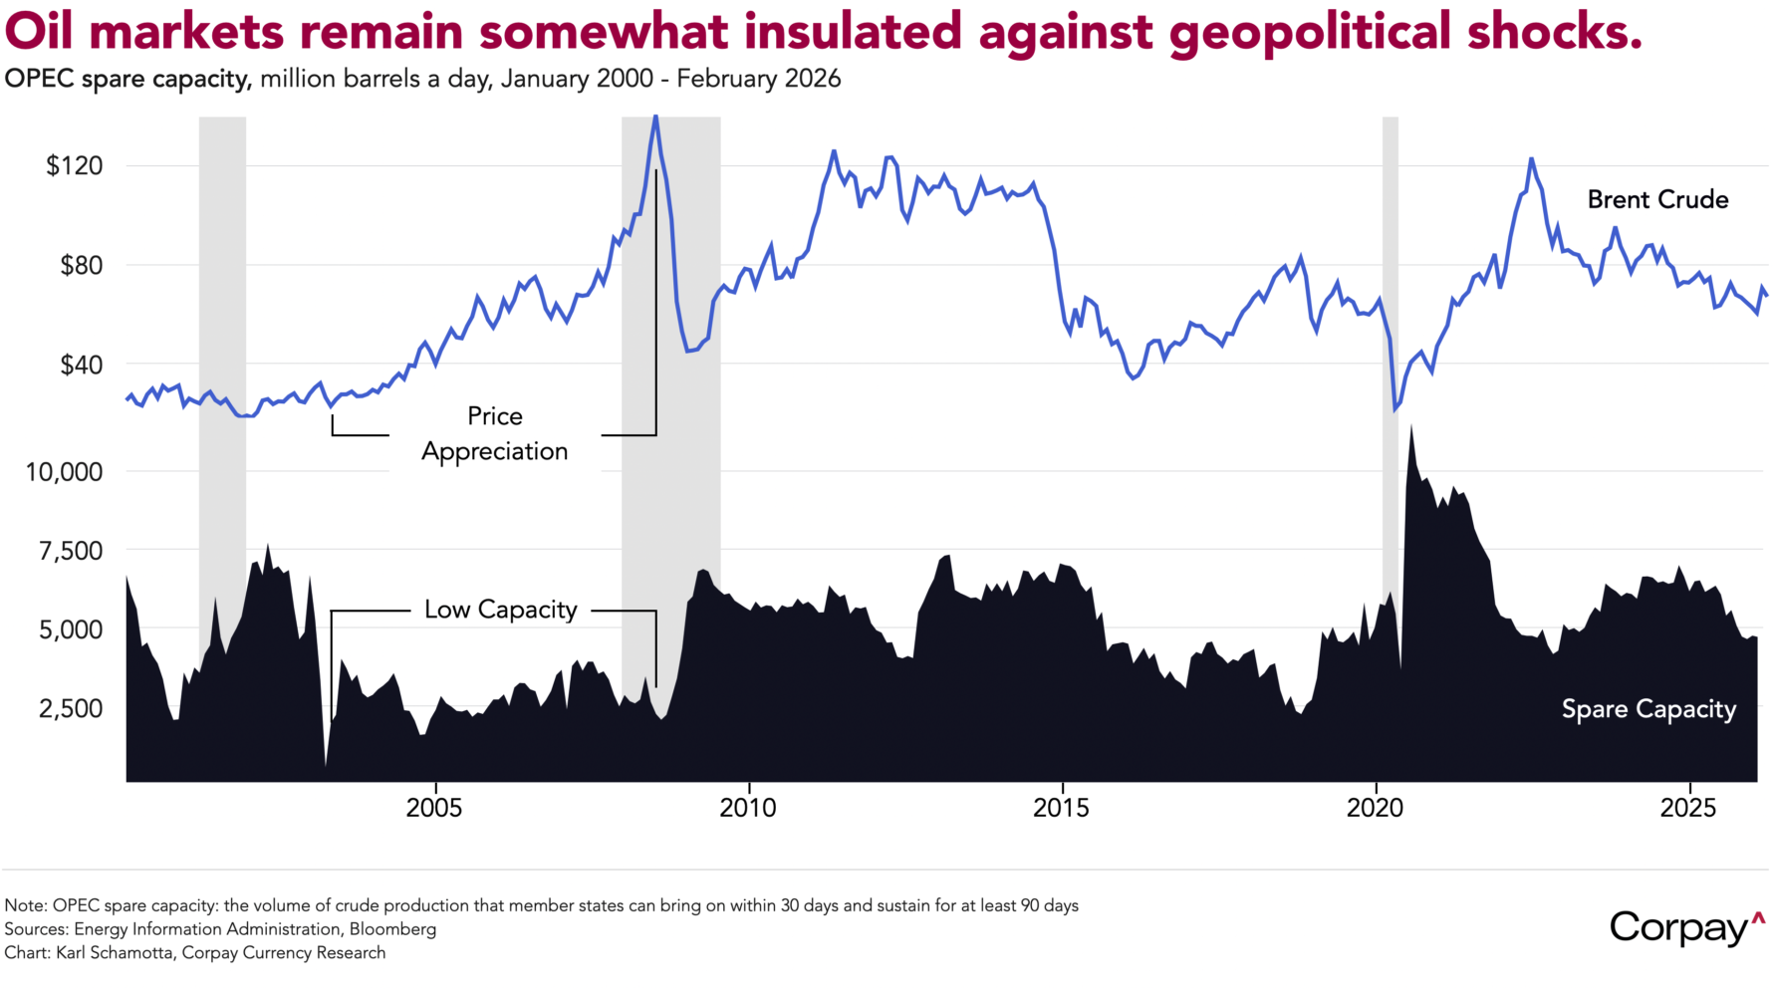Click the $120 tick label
75,165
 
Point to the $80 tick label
81,265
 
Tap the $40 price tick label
81,365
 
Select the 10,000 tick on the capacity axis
64,472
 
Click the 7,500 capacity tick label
70,551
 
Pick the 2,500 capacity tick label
70,709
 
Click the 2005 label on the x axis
434,808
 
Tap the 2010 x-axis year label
748,808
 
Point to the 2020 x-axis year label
1375,808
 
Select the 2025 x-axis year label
1688,808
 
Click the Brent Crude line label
1657,200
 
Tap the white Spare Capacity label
1648,709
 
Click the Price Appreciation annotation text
495,434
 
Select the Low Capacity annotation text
501,610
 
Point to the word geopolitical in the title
1310,32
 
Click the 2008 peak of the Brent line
654,118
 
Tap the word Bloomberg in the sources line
392,929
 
